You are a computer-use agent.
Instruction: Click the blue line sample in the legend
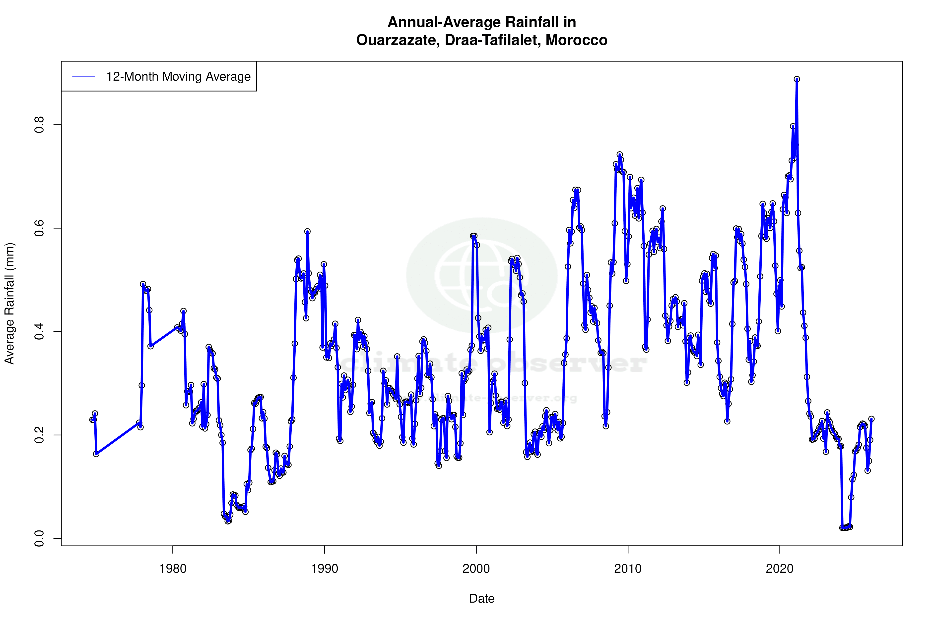(83, 76)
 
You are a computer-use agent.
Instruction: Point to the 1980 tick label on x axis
(173, 569)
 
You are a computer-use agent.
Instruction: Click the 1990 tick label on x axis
(325, 569)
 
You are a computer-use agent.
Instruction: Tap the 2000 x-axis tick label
(476, 569)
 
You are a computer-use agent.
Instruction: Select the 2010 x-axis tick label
(628, 569)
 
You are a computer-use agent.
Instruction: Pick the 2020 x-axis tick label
(780, 569)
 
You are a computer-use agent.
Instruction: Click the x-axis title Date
(482, 599)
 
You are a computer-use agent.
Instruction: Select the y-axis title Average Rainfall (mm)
(9, 304)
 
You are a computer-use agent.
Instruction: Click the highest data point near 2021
(797, 79)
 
